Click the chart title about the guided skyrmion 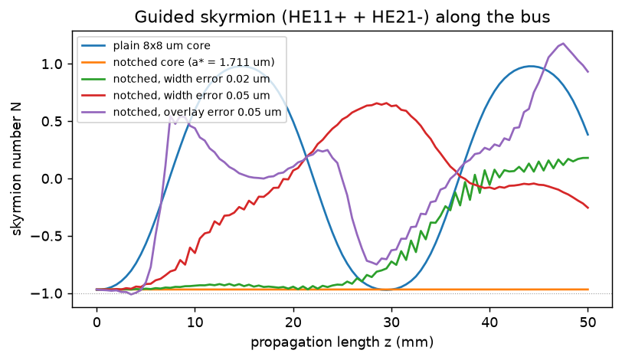click(x=342, y=17)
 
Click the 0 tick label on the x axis click(x=97, y=322)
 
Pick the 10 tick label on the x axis click(x=195, y=322)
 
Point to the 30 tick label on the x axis click(x=391, y=322)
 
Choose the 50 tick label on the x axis click(x=588, y=322)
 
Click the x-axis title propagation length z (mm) click(x=342, y=342)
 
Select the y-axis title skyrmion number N click(x=17, y=169)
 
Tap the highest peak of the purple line click(x=563, y=43)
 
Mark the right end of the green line click(x=588, y=158)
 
